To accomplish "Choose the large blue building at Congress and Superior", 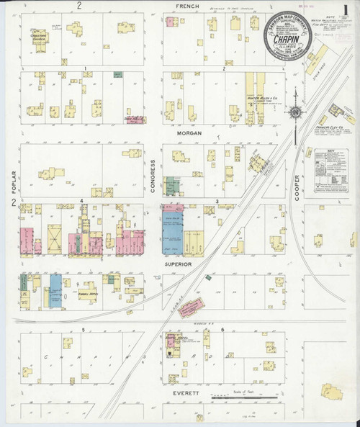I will pos(174,230).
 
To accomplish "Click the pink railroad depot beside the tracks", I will pos(192,307).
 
